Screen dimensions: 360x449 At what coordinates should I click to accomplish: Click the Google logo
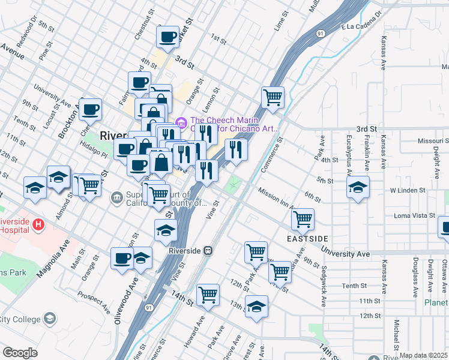(20, 353)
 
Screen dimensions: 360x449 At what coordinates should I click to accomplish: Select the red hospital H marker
(39, 226)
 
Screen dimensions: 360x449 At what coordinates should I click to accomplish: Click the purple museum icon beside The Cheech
(181, 122)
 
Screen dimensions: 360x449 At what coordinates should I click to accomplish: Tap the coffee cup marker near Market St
(167, 37)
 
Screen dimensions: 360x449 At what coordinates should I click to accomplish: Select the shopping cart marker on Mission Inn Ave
(303, 219)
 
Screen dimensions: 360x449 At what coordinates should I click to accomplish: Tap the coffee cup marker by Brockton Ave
(90, 109)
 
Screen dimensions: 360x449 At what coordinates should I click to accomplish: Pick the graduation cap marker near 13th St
(256, 306)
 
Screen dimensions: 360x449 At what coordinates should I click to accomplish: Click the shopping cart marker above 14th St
(208, 295)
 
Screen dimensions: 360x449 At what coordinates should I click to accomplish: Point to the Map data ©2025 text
(423, 356)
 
